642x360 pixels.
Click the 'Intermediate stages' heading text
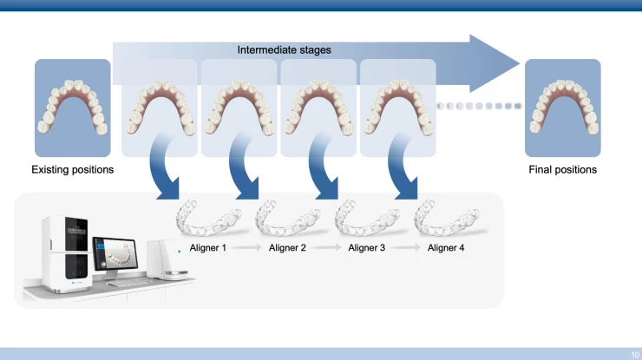point(284,50)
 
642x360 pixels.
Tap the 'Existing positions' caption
point(73,169)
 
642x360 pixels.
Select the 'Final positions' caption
point(562,169)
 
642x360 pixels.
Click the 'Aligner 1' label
point(208,248)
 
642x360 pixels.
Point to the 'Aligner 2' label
point(287,248)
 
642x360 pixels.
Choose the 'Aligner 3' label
point(367,248)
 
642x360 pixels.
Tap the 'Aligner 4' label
point(446,248)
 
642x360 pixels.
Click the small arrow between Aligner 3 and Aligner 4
point(407,248)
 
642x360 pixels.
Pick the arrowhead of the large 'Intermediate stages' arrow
point(497,62)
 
